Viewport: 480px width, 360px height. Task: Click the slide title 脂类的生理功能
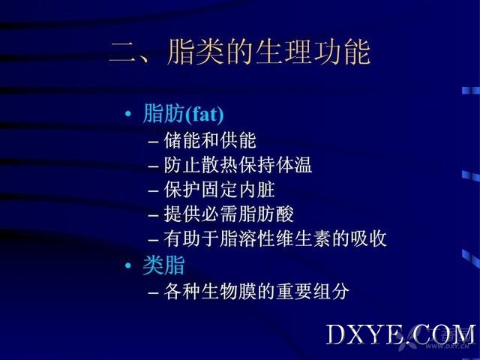pos(268,52)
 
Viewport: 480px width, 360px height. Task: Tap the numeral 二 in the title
pos(121,52)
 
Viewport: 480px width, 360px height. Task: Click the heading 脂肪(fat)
pos(183,114)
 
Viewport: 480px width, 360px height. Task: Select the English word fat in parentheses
pos(204,115)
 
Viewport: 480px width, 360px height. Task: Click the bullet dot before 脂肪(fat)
pos(128,114)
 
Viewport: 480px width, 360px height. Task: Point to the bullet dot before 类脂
pos(128,265)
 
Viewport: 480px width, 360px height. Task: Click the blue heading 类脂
pos(163,265)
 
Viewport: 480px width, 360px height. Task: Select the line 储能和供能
pos(210,140)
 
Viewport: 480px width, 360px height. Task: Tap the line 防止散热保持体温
pos(238,165)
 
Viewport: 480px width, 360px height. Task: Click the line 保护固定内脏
pos(219,190)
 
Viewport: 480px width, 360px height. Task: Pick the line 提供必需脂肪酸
pos(229,214)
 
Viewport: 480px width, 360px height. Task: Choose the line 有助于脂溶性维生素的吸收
pos(275,238)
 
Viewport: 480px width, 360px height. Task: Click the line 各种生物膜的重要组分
pos(256,291)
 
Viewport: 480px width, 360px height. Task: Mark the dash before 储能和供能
pos(153,142)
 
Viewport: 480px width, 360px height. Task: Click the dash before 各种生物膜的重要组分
pos(153,292)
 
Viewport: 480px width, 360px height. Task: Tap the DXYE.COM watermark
pos(401,334)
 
